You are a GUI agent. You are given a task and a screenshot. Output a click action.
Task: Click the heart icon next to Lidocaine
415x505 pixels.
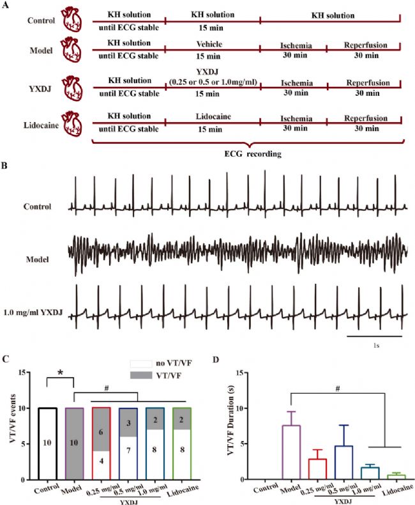72,124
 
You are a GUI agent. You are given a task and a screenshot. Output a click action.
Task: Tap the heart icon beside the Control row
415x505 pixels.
72,20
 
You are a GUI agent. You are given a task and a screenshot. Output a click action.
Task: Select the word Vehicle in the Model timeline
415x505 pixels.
209,44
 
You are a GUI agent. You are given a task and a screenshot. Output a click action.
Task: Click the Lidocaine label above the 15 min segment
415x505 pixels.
213,116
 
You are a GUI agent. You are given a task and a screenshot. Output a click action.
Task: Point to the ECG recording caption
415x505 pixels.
253,154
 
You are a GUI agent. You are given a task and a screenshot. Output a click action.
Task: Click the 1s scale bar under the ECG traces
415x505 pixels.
375,336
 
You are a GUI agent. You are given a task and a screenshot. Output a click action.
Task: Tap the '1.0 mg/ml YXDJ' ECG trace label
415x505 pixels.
33,312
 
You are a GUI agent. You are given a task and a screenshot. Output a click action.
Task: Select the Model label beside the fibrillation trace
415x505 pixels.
37,260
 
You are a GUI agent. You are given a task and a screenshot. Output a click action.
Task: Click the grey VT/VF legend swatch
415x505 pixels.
141,375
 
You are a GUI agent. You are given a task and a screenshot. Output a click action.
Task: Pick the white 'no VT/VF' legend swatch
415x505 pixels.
141,364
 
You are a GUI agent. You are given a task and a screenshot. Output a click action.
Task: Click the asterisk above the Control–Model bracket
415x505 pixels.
60,373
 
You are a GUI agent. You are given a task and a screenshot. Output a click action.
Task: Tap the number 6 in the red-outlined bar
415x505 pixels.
101,432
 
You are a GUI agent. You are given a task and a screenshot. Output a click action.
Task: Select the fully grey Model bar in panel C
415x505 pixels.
74,444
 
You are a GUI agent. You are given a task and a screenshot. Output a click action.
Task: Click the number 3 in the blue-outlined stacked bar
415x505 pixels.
128,423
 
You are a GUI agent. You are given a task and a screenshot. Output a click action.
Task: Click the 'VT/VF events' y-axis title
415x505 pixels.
13,418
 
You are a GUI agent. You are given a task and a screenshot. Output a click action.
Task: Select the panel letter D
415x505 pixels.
216,359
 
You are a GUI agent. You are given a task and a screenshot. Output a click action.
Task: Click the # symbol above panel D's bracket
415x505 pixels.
338,389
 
